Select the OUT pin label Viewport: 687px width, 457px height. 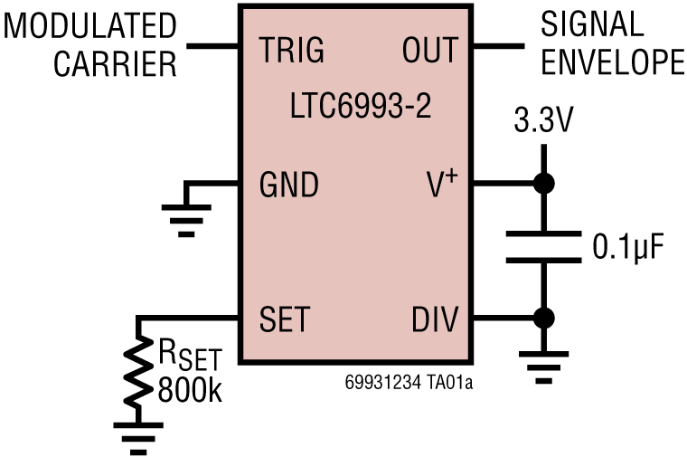point(429,51)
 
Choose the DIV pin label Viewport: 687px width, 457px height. point(435,319)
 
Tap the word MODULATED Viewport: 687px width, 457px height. point(90,26)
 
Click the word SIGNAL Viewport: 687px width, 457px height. point(591,24)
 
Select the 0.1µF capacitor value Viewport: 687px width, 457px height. point(628,246)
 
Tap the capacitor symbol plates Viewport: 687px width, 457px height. point(543,247)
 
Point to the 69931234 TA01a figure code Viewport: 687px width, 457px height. point(409,383)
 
